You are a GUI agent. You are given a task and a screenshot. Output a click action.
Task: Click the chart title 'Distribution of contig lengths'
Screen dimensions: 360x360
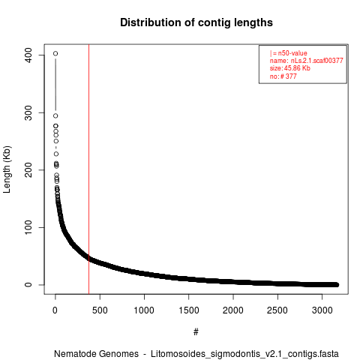coord(196,22)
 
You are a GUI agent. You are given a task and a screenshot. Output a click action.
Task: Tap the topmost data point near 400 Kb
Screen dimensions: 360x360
coord(55,53)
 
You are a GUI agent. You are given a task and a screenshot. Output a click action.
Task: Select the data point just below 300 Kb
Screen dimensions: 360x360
coord(55,115)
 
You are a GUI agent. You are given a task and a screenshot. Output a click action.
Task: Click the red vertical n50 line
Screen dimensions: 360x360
coord(88,169)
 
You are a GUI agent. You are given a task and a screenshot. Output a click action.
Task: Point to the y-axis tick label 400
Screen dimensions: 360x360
coord(28,55)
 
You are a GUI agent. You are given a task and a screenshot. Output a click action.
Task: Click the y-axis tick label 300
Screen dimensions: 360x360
coord(28,112)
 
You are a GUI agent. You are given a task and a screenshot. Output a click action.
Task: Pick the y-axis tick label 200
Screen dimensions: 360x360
coord(28,170)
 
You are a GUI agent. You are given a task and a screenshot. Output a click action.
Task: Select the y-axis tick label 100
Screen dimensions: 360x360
coord(28,227)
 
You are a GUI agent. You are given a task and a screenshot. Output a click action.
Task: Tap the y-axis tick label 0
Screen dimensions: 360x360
coord(28,285)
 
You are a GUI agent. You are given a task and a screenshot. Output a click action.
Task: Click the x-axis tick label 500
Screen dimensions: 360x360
coord(100,310)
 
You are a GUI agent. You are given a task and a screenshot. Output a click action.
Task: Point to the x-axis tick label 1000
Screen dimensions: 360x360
coord(144,310)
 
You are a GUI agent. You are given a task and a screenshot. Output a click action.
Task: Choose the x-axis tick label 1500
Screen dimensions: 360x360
coord(189,310)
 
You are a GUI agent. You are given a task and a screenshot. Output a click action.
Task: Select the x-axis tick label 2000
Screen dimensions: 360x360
coord(233,310)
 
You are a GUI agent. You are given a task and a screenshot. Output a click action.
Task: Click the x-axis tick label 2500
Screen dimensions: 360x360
coord(277,310)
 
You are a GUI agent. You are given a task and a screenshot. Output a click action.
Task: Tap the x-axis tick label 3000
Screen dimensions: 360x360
coord(322,310)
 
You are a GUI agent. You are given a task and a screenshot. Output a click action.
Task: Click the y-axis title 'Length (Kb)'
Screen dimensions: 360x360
coord(7,169)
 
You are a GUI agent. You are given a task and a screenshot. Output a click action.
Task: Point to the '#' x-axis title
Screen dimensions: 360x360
coord(196,332)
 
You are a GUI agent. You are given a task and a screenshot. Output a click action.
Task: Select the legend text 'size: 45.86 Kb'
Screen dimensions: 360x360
coord(289,68)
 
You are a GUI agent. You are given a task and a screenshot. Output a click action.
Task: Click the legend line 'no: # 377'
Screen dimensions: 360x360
coord(283,76)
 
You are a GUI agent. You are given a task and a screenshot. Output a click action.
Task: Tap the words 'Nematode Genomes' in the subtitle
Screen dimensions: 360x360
coord(96,354)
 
